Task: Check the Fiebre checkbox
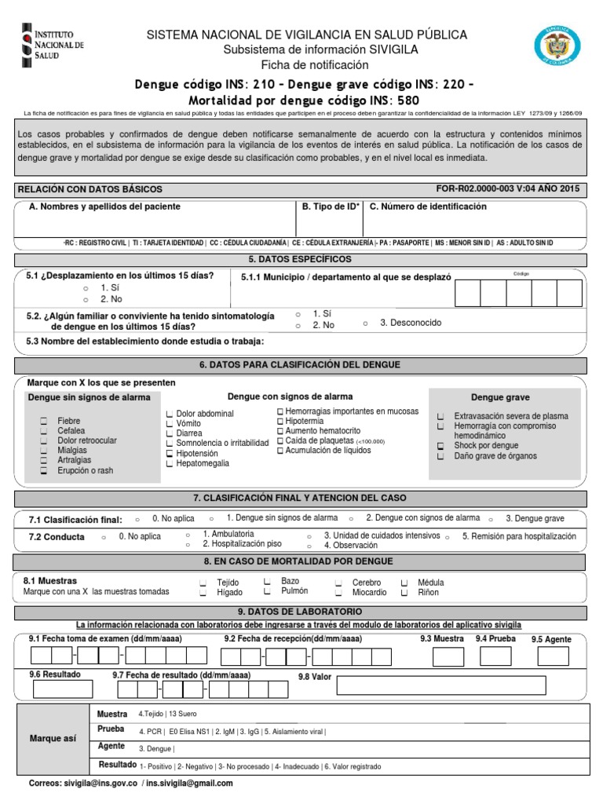click(45, 422)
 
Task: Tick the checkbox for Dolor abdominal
click(170, 414)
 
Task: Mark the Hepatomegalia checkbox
click(170, 464)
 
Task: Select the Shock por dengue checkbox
click(441, 446)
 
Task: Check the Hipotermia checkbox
click(280, 422)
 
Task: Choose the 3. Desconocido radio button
click(366, 323)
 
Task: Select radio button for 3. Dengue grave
click(492, 520)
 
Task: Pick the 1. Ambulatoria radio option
click(188, 535)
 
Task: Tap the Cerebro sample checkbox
click(338, 583)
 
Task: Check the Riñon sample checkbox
click(404, 594)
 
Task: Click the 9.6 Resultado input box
click(62, 689)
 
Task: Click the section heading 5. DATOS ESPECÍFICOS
click(300, 259)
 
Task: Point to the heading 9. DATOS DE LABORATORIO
click(300, 611)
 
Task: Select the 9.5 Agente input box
click(552, 657)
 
